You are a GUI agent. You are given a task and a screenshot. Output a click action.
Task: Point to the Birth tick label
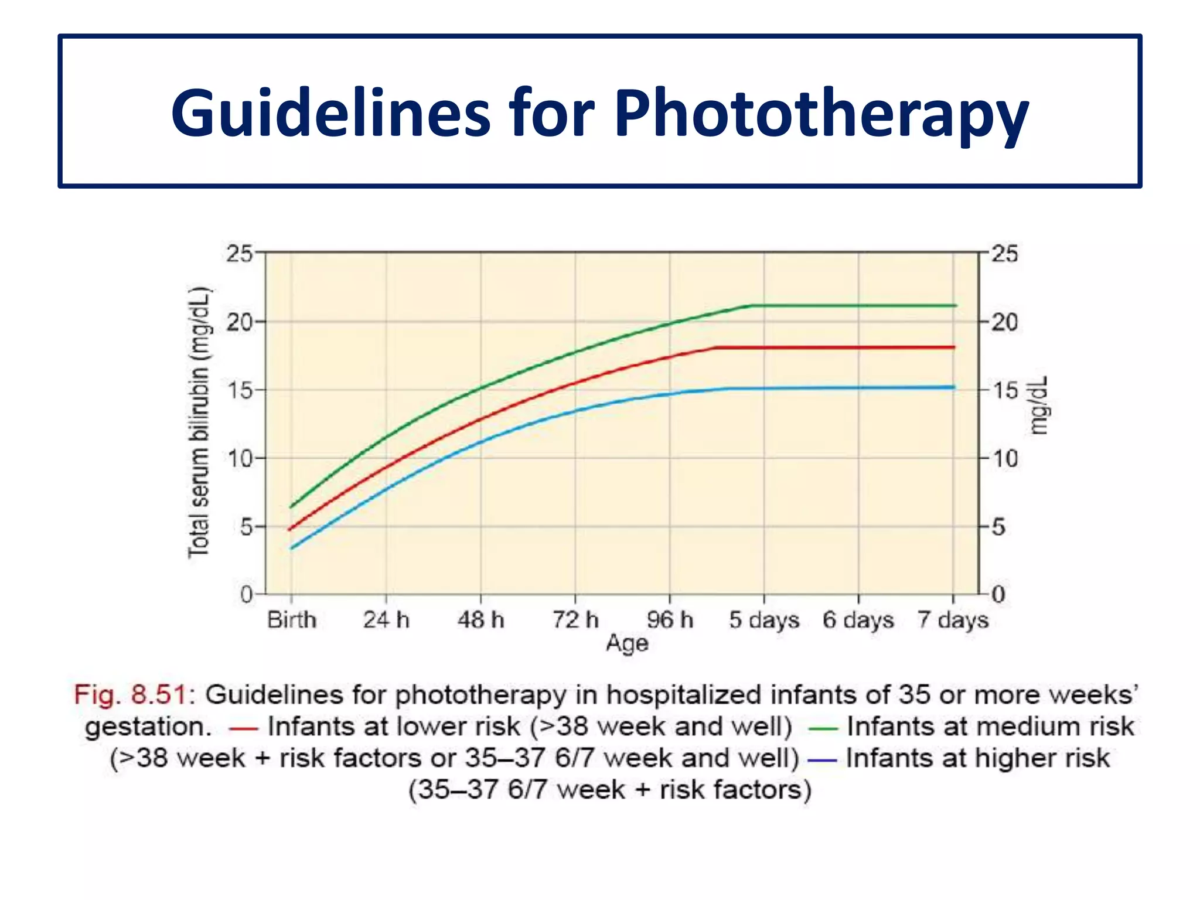(x=292, y=619)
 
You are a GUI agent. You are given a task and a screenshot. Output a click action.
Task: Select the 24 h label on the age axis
(x=386, y=619)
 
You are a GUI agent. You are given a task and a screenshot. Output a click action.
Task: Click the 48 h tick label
(x=481, y=619)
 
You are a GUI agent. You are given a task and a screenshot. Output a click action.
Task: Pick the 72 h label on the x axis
(x=575, y=619)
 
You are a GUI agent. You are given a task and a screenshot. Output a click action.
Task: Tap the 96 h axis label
(x=670, y=619)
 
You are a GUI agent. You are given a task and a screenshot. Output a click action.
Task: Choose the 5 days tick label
(x=764, y=620)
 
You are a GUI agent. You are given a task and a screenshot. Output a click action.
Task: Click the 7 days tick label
(x=953, y=620)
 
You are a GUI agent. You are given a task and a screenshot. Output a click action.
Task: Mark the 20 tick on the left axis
(x=239, y=322)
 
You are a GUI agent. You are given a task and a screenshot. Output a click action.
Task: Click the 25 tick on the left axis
(x=239, y=254)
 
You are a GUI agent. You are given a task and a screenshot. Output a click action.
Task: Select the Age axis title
(x=627, y=643)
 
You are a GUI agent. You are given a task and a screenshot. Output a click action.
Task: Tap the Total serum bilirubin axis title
(x=199, y=422)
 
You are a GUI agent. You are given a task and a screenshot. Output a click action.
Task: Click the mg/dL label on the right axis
(x=1038, y=405)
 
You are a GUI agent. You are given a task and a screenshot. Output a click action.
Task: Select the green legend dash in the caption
(x=823, y=729)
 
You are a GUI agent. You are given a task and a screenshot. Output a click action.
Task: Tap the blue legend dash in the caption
(x=822, y=761)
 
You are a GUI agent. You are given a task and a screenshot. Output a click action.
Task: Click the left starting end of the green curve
(x=291, y=507)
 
